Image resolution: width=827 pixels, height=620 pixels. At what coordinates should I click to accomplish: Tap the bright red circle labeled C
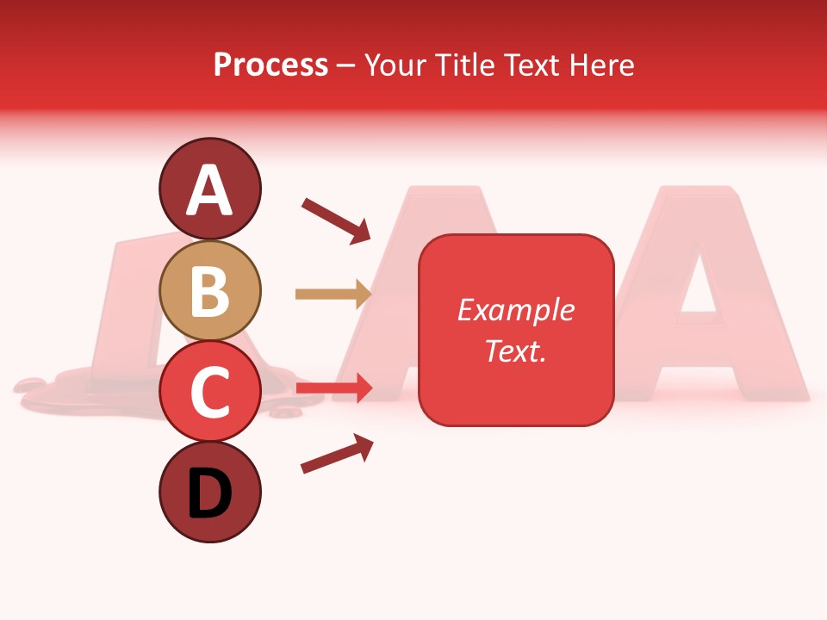click(209, 391)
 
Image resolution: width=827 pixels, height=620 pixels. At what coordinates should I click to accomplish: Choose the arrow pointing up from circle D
click(337, 454)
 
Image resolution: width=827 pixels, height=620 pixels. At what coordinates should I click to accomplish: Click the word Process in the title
click(270, 65)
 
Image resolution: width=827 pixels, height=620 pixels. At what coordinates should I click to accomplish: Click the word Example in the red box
click(515, 310)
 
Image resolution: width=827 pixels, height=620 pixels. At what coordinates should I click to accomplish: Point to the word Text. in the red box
click(515, 350)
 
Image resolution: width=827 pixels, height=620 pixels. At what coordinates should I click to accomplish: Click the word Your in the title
click(394, 65)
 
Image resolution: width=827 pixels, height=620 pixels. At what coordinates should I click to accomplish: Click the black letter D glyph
click(209, 494)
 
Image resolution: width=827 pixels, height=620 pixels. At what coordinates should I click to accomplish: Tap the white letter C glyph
click(209, 391)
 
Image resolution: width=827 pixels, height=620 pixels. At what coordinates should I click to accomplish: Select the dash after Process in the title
click(346, 65)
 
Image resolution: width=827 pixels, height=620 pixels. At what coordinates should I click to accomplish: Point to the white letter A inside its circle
click(209, 189)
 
